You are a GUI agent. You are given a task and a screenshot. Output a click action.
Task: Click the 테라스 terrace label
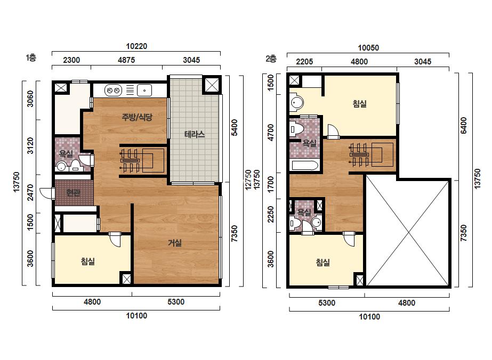pyautogui.click(x=195, y=135)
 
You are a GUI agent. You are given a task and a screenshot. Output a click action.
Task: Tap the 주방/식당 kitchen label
pyautogui.click(x=137, y=117)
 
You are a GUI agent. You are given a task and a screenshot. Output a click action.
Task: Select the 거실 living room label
pyautogui.click(x=175, y=242)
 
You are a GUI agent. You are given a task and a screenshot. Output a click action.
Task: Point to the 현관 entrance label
pyautogui.click(x=73, y=193)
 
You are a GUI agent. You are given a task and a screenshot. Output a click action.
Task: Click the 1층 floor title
pyautogui.click(x=31, y=58)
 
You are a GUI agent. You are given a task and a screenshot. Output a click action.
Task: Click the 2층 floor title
pyautogui.click(x=271, y=59)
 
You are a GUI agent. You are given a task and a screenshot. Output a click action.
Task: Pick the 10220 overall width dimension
pyautogui.click(x=136, y=46)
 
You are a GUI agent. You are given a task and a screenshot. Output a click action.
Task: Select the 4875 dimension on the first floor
pyautogui.click(x=126, y=60)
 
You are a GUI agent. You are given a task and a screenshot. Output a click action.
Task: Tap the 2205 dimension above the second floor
pyautogui.click(x=304, y=61)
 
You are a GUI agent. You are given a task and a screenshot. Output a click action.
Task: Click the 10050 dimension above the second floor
pyautogui.click(x=368, y=48)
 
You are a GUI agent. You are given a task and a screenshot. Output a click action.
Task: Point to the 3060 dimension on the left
pyautogui.click(x=30, y=99)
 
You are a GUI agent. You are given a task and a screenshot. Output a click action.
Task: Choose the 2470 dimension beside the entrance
pyautogui.click(x=30, y=192)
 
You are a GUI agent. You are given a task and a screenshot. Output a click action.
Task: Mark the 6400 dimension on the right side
pyautogui.click(x=463, y=126)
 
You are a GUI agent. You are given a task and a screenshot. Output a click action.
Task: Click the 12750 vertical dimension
pyautogui.click(x=248, y=179)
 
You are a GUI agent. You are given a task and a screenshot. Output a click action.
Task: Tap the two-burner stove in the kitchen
pyautogui.click(x=113, y=91)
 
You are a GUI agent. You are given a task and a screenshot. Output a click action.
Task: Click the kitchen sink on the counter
pyautogui.click(x=144, y=91)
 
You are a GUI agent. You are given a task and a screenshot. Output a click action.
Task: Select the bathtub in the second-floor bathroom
pyautogui.click(x=304, y=165)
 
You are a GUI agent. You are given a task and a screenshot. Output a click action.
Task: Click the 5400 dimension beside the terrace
pyautogui.click(x=234, y=128)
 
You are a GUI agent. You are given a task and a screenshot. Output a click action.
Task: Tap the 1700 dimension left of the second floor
pyautogui.click(x=270, y=185)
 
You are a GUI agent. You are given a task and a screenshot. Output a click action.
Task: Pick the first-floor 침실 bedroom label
pyautogui.click(x=87, y=261)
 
